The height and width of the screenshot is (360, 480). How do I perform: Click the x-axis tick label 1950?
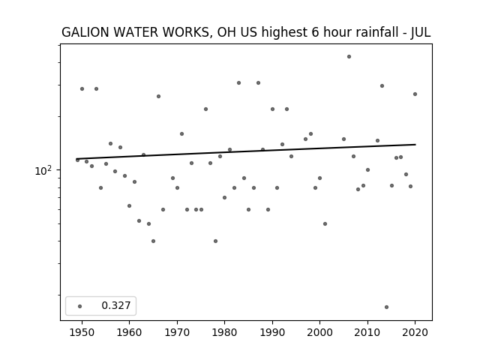(x=82, y=332)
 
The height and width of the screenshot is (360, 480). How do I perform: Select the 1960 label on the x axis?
(x=129, y=332)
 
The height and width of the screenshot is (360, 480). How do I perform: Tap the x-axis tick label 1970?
(x=177, y=332)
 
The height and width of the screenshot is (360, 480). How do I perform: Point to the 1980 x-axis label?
(x=224, y=332)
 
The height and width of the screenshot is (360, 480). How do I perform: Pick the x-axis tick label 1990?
(x=272, y=332)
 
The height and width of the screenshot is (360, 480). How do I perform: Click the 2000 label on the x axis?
(x=319, y=332)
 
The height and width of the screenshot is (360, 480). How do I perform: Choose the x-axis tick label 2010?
(x=367, y=332)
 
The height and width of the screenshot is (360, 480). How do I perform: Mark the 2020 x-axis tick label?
(x=415, y=332)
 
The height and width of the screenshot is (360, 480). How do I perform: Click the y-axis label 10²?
(x=43, y=170)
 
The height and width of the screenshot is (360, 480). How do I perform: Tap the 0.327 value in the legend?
(x=116, y=305)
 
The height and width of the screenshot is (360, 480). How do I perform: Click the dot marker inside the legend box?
(x=80, y=306)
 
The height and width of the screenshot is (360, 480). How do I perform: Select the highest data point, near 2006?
(x=349, y=57)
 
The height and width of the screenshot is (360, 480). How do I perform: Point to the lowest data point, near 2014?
(x=387, y=307)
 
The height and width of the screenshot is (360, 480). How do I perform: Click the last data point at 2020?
(x=415, y=94)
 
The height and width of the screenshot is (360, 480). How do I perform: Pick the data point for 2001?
(x=325, y=223)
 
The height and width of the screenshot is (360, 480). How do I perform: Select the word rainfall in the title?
(x=378, y=32)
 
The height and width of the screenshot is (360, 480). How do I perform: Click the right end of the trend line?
(x=415, y=145)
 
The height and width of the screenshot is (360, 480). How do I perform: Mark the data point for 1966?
(x=158, y=97)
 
